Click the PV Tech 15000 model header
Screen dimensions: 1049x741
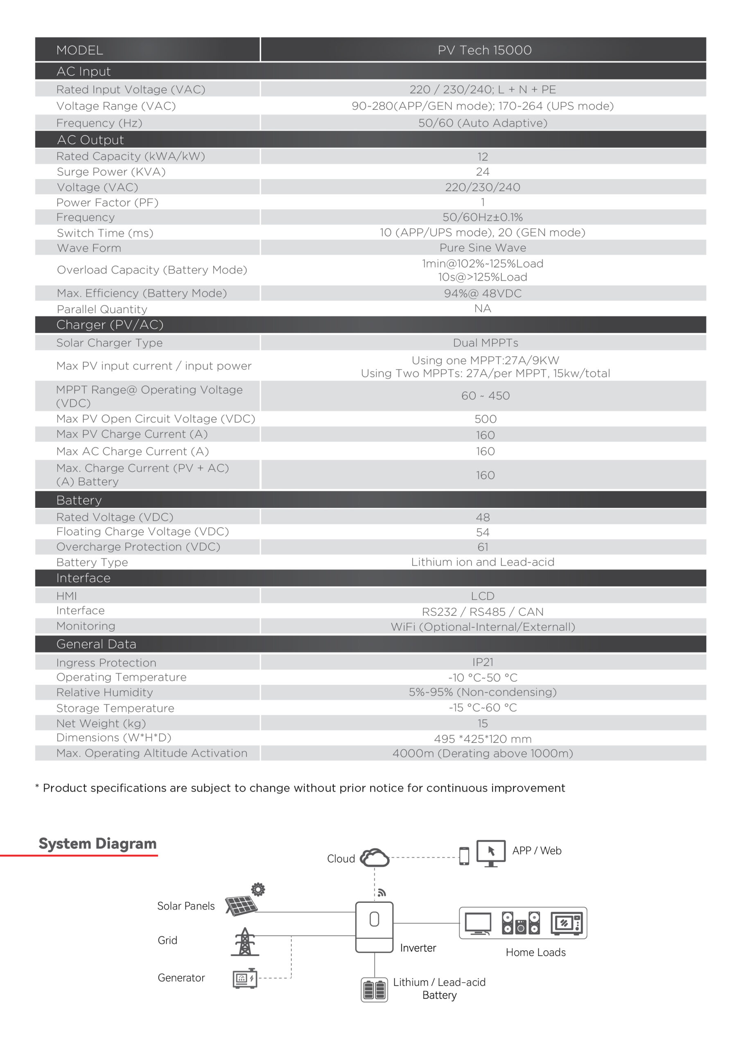(x=484, y=50)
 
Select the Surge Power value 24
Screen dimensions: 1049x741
(x=483, y=172)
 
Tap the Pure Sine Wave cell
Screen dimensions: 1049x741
(x=483, y=247)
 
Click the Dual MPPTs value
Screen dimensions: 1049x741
(x=485, y=343)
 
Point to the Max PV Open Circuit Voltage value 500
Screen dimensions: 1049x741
(x=485, y=419)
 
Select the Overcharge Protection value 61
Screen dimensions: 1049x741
(x=483, y=547)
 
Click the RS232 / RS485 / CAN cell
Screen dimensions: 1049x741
(x=483, y=612)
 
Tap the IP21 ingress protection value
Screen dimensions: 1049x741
(x=483, y=662)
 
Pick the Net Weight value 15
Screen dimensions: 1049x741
(x=483, y=723)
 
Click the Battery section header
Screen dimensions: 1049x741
(x=79, y=500)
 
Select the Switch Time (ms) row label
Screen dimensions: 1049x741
(x=105, y=233)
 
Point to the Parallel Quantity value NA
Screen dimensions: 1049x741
(x=483, y=309)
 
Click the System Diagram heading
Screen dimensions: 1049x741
(x=97, y=843)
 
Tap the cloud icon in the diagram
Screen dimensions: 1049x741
(x=374, y=858)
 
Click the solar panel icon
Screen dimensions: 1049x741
(x=242, y=905)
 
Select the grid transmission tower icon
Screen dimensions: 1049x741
(x=245, y=942)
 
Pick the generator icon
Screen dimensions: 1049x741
(x=245, y=978)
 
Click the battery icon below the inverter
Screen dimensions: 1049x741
(x=374, y=990)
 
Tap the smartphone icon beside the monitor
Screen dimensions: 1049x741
(x=464, y=856)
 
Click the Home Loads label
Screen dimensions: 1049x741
(x=535, y=952)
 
